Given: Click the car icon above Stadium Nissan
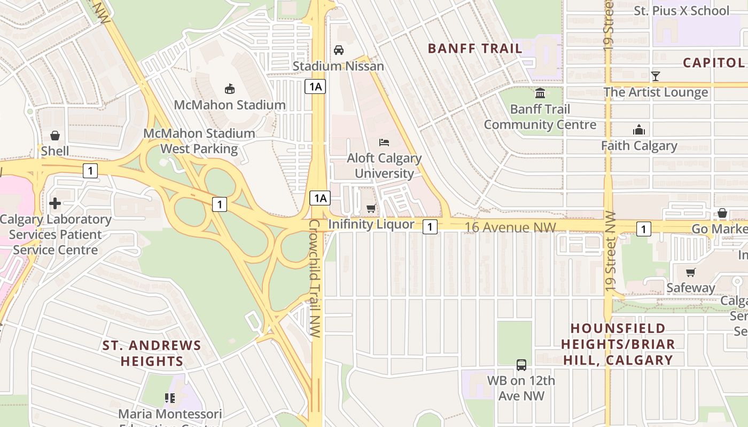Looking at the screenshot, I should coord(338,50).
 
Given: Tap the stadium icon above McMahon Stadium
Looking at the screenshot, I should coord(230,89).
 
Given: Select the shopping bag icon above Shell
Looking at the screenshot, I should coord(54,136).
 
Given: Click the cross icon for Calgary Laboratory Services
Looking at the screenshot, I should coord(54,203).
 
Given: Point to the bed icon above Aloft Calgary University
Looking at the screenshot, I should coord(384,143).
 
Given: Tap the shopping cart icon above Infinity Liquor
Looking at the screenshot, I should coord(371,209).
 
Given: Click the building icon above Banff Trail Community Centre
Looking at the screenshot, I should coord(540,93).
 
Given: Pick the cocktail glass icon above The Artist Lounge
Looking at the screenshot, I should coord(656,76).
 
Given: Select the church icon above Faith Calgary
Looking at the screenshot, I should coord(638,130).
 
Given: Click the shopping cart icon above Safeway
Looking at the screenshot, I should coord(690,272).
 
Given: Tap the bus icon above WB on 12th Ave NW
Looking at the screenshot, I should coord(521,365).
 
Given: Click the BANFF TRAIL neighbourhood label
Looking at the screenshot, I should coord(475,49).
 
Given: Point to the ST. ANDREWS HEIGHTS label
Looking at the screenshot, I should coord(152,353).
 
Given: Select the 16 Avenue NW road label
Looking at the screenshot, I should coord(510,228).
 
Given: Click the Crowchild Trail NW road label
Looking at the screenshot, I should coord(315,278).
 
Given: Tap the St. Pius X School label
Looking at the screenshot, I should coord(681,11).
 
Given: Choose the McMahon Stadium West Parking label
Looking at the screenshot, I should coord(199,141).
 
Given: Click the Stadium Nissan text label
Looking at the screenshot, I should coord(338,66).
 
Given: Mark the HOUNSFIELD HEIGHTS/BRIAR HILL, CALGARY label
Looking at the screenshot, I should coord(618,344).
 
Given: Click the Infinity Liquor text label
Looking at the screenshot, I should coord(371,224).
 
